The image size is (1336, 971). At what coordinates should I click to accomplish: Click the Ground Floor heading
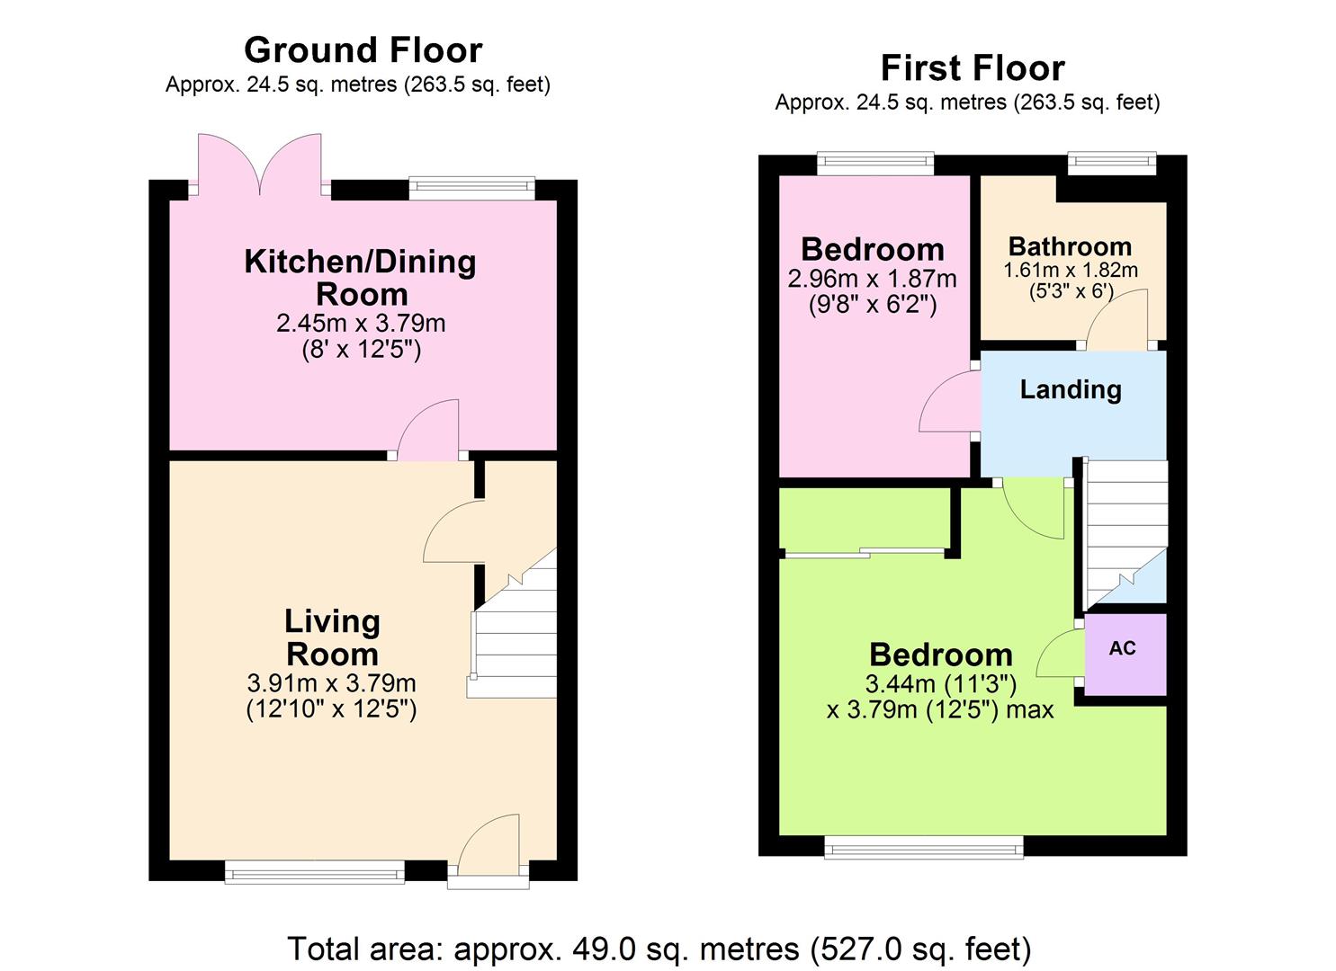point(363,50)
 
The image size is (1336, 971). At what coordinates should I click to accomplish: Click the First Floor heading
point(972,68)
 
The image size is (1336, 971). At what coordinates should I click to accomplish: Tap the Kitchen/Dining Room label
point(361,277)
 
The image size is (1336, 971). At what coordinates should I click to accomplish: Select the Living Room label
point(332,637)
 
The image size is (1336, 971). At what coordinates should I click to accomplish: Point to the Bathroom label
point(1070,246)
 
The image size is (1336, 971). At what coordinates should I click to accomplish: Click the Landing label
point(1071,389)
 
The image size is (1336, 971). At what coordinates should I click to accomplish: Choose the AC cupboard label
point(1123,648)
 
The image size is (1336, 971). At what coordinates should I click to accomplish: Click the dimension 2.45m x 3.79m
point(361,323)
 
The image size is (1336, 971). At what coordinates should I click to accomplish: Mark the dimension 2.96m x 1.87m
point(872,279)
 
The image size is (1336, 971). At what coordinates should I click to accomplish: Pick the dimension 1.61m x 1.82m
point(1071,270)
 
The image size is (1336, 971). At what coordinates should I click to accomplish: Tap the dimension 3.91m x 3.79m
point(331,683)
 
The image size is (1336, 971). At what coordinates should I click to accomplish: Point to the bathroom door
point(1119,319)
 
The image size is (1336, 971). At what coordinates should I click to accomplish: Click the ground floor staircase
point(513,629)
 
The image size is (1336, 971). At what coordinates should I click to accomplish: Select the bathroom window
point(1111,163)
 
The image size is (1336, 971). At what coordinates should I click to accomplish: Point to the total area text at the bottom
point(659,949)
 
